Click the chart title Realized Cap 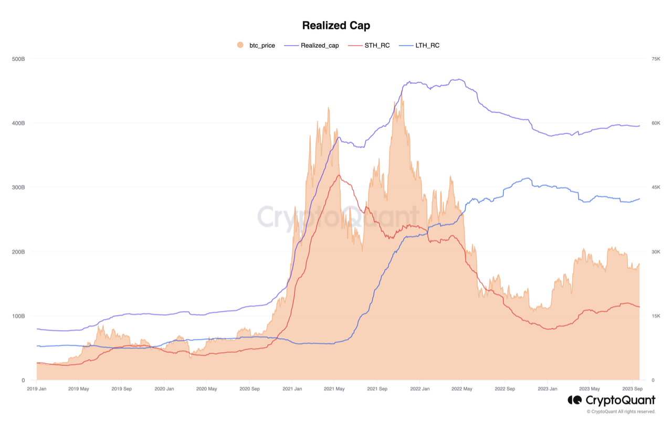coord(336,25)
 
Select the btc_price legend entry coord(262,46)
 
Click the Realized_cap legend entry coord(319,46)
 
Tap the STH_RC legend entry coord(377,46)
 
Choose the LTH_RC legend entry coord(427,46)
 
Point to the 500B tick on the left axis coord(18,59)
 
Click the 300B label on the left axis coord(18,187)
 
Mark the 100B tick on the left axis coord(18,316)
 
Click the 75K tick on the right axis coord(656,59)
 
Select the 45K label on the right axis coord(656,187)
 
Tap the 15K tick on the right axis coord(656,316)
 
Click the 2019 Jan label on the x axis coord(37,389)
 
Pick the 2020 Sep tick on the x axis coord(249,389)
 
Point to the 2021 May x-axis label coord(334,389)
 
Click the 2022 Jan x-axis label coord(419,389)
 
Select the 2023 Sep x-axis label coord(632,389)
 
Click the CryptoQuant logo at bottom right coord(612,400)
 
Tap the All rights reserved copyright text coord(621,412)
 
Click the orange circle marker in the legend coord(240,45)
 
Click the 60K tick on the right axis coord(656,123)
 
